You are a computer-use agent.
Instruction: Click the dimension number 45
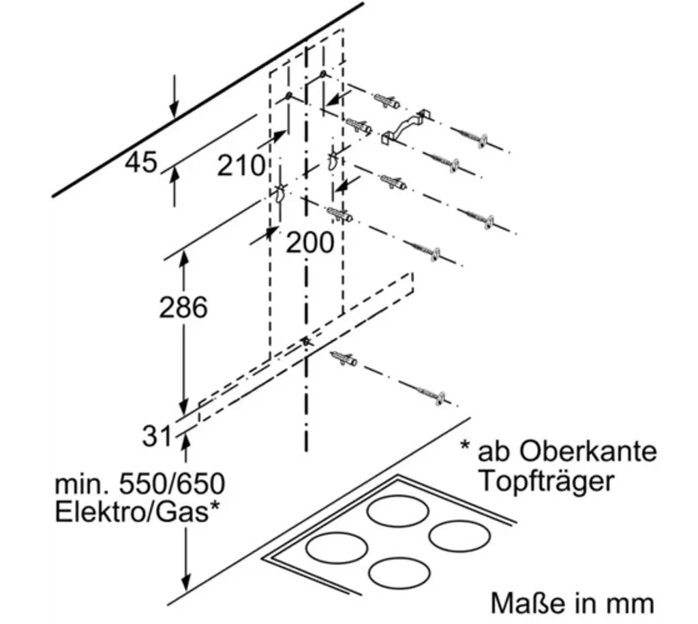pos(141,163)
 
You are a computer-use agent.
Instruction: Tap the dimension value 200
pos(309,242)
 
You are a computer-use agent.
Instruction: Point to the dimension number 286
pos(183,308)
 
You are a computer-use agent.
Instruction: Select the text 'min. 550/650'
pos(139,484)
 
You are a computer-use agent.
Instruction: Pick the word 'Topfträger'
pos(545,481)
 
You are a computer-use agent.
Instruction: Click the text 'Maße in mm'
pos(572,604)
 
